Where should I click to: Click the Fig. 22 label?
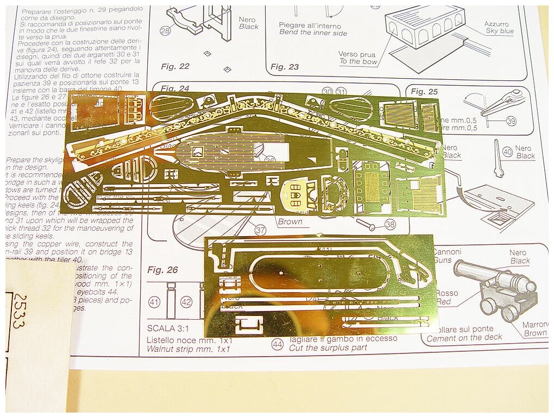point(175,66)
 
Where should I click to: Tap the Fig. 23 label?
point(285,67)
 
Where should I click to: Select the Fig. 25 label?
point(425,91)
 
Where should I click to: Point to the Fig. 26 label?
point(162,270)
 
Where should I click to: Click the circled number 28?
point(165,31)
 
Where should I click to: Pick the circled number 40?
point(507,152)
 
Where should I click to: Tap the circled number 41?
point(154,302)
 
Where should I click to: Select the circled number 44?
point(278,344)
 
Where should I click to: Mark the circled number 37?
point(260,230)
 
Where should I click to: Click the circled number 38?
point(389,224)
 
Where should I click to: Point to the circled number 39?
point(511,121)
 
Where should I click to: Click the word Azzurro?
point(496,24)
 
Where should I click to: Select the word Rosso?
point(446,293)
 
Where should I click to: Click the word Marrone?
point(535,325)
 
